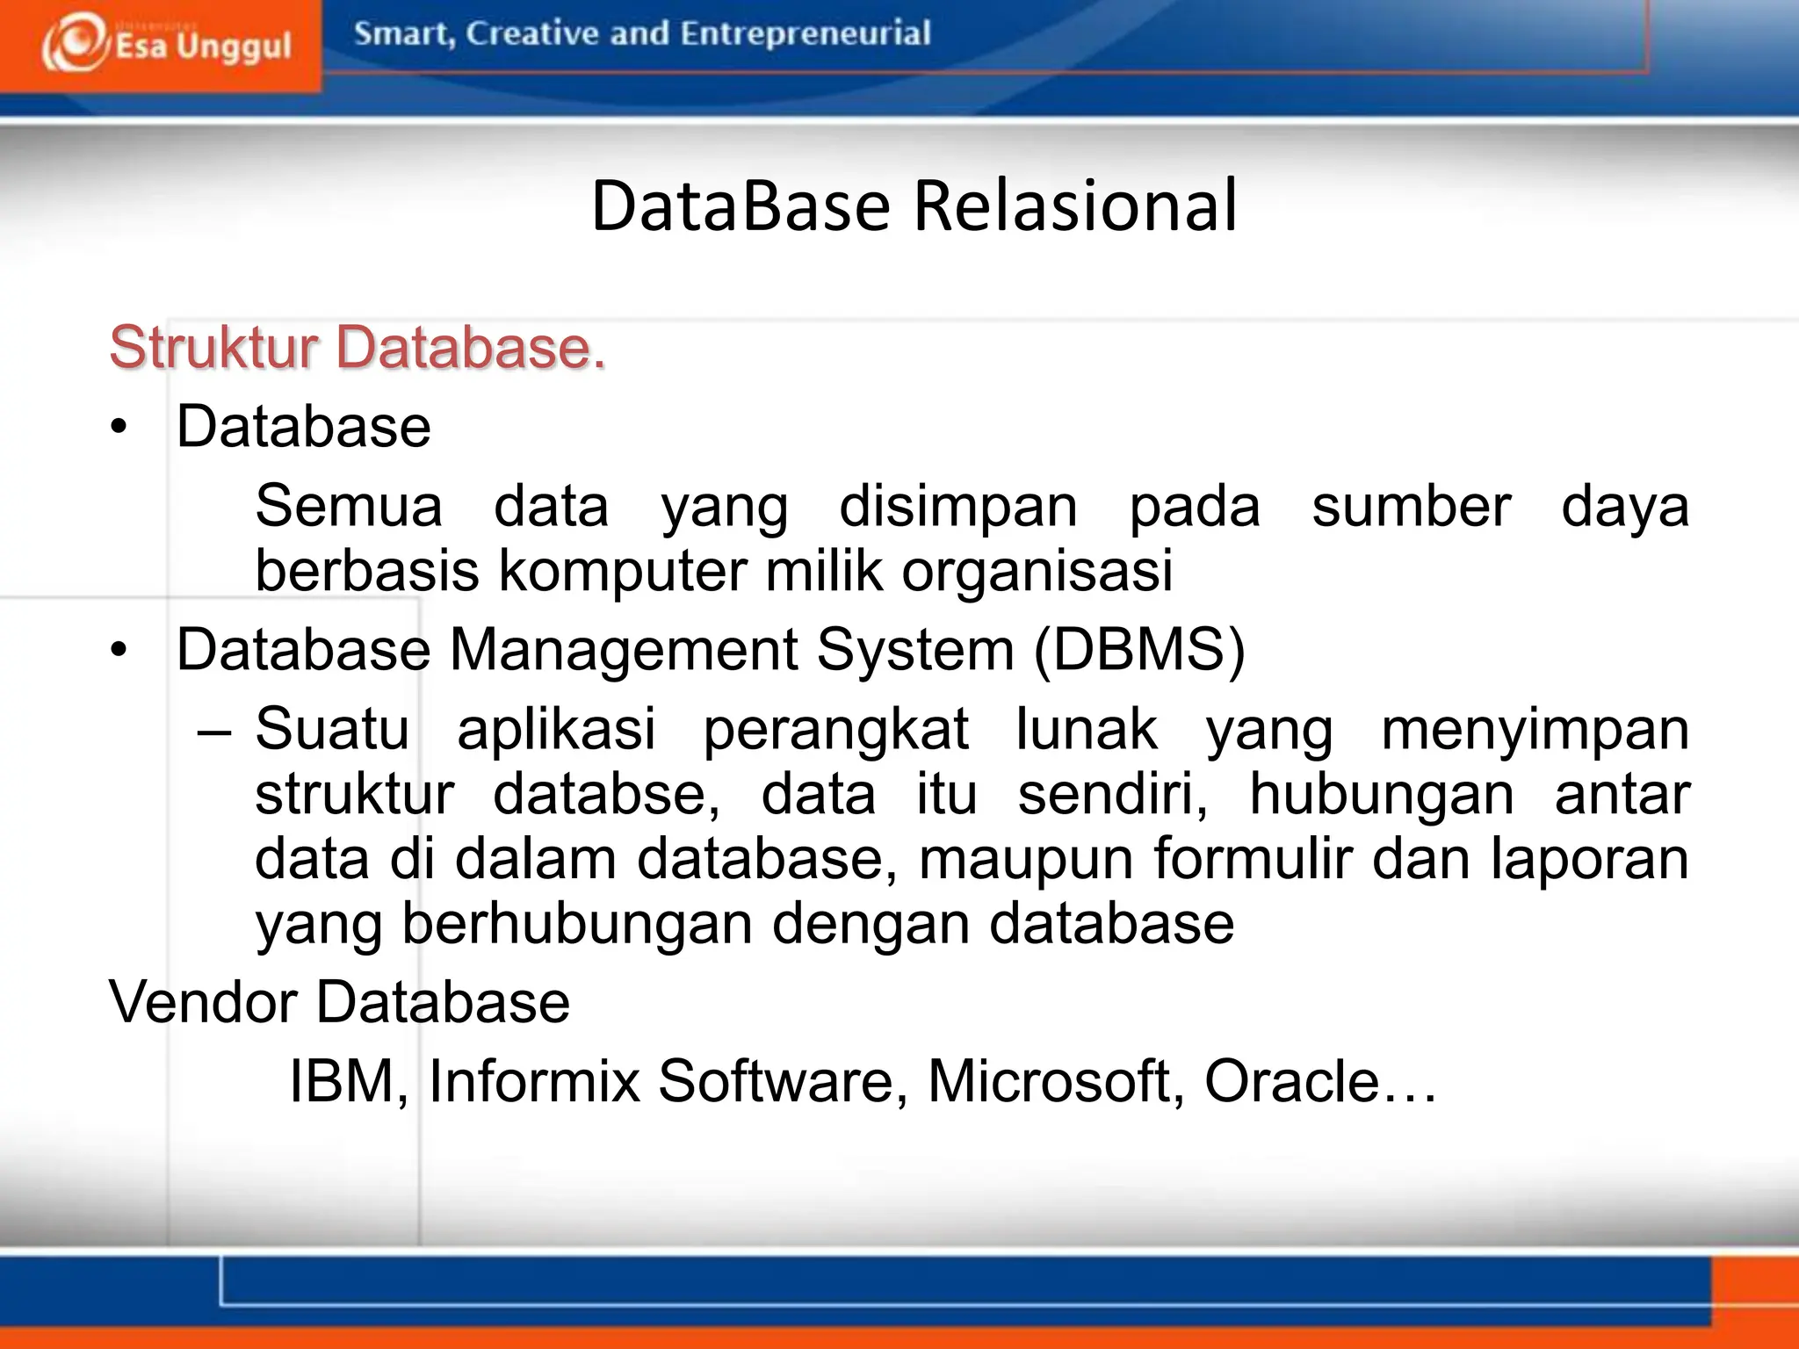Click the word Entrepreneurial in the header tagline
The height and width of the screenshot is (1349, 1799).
coord(805,34)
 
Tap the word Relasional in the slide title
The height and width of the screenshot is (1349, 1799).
coord(1075,206)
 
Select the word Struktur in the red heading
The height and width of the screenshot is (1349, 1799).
coord(213,348)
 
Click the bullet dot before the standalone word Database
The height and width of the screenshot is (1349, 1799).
coord(119,428)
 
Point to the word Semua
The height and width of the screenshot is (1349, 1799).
coord(349,507)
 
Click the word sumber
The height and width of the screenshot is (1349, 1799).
coord(1411,507)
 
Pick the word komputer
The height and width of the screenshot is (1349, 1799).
coord(622,571)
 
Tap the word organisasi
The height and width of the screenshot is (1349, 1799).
coord(1037,571)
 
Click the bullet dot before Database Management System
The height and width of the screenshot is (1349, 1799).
coord(119,651)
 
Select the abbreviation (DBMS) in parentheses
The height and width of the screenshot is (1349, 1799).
coord(1139,651)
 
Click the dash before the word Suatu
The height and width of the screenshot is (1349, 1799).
coord(213,731)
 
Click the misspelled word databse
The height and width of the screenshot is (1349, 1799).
coord(606,795)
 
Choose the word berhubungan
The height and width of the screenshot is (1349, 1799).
coord(577,924)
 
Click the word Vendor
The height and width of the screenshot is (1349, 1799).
coord(203,1002)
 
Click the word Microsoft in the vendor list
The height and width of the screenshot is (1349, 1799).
coord(1048,1081)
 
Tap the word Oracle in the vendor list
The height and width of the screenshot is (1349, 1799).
coord(1290,1081)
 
